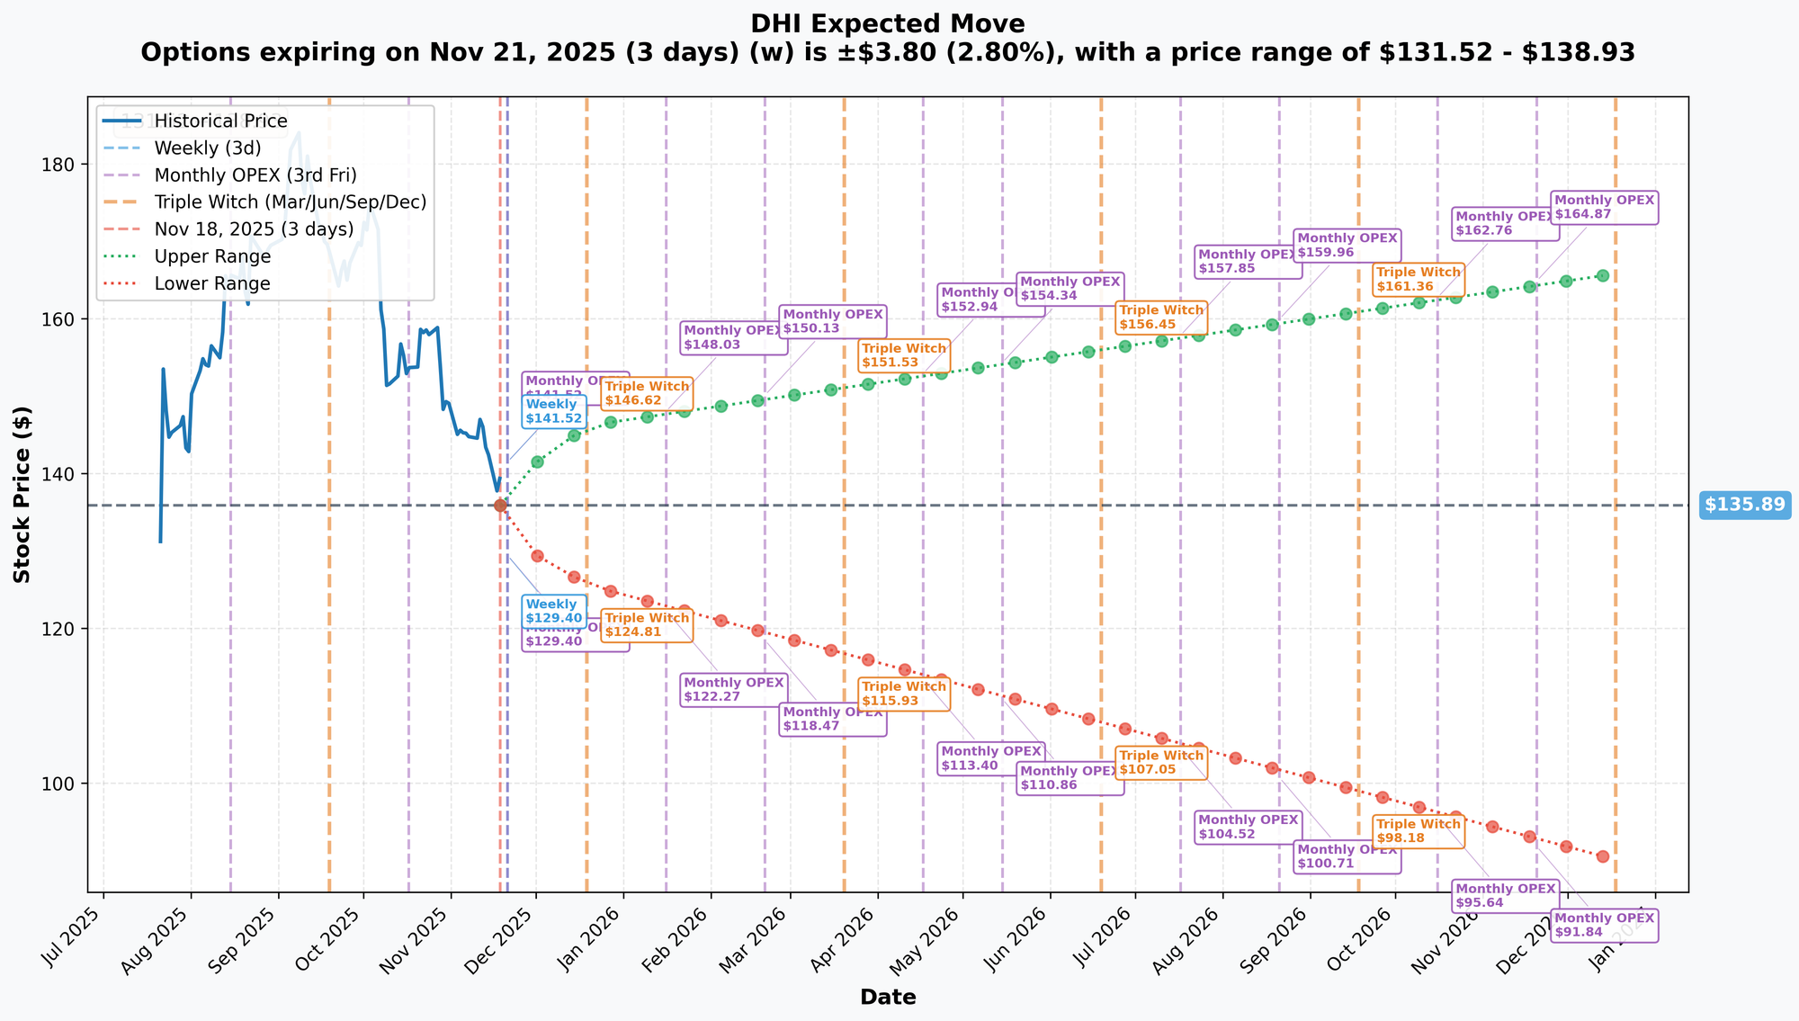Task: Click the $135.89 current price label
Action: tap(1744, 505)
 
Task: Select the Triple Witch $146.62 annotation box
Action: tap(647, 393)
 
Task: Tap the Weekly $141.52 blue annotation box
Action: tap(554, 411)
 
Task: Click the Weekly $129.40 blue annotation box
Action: tap(554, 611)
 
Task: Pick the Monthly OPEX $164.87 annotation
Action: tap(1604, 207)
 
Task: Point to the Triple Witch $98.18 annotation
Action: tap(1419, 830)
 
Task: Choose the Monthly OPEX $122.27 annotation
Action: tap(734, 689)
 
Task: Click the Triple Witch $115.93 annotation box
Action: tap(904, 694)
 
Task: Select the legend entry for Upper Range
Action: tap(212, 256)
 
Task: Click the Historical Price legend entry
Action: tap(220, 121)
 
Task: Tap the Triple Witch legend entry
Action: tap(290, 202)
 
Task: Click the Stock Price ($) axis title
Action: tap(23, 494)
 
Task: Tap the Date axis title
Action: tap(888, 997)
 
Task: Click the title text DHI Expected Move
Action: tap(888, 23)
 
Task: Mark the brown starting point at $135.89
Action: tap(500, 506)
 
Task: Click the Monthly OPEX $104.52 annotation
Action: tap(1248, 827)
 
